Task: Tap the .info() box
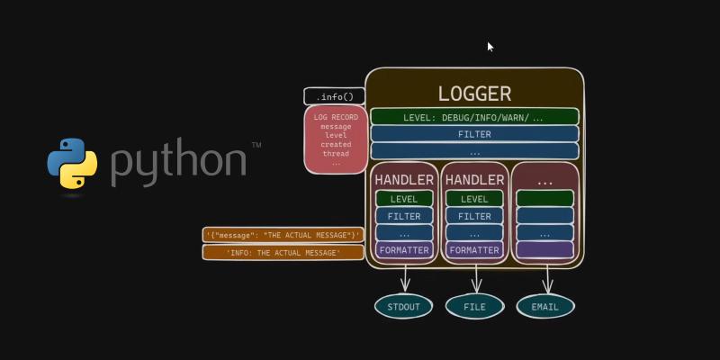(x=335, y=96)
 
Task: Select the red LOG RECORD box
(x=336, y=139)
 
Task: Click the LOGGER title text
(x=474, y=94)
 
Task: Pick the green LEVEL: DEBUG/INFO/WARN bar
(x=474, y=117)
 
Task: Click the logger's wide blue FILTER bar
(x=474, y=134)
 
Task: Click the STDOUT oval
(x=403, y=307)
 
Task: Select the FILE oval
(x=474, y=307)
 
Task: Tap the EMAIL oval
(x=544, y=307)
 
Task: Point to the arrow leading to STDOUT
(x=404, y=278)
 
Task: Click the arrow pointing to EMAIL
(x=545, y=278)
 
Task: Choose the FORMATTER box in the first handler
(x=404, y=250)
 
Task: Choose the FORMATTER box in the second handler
(x=474, y=250)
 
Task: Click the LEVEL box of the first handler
(x=404, y=199)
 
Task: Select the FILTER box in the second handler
(x=474, y=216)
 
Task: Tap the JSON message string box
(x=283, y=236)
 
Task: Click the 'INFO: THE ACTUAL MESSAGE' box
(x=283, y=253)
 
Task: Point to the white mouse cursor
(x=490, y=47)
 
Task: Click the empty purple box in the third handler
(x=544, y=250)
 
